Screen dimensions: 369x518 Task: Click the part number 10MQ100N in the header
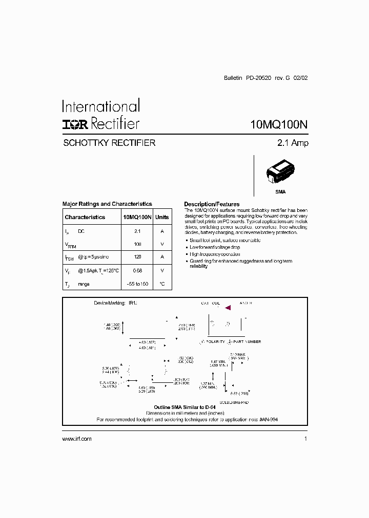[x=279, y=124]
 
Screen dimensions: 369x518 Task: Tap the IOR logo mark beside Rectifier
[x=75, y=124]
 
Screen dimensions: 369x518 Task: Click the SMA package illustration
[x=281, y=173]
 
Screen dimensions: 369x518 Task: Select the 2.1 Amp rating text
[x=293, y=143]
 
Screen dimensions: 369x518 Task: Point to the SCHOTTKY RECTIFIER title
[x=109, y=143]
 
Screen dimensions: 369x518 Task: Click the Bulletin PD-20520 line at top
[x=266, y=78]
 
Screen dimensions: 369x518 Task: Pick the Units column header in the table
[x=162, y=217]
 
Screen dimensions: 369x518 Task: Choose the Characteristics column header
[x=85, y=217]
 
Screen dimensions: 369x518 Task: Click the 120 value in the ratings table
[x=137, y=257]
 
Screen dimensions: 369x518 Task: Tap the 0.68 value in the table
[x=137, y=270]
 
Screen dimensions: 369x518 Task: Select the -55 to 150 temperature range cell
[x=137, y=284]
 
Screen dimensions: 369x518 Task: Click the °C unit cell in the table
[x=162, y=284]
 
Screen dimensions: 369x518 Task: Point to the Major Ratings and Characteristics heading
[x=107, y=204]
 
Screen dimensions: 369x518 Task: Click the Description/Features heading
[x=212, y=204]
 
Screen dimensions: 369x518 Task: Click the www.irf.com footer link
[x=77, y=439]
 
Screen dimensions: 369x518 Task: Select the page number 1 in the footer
[x=305, y=439]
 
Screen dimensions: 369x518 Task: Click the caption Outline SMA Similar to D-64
[x=184, y=407]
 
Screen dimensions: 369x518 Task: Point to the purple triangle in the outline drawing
[x=228, y=308]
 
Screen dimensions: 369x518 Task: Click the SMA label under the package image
[x=280, y=192]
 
